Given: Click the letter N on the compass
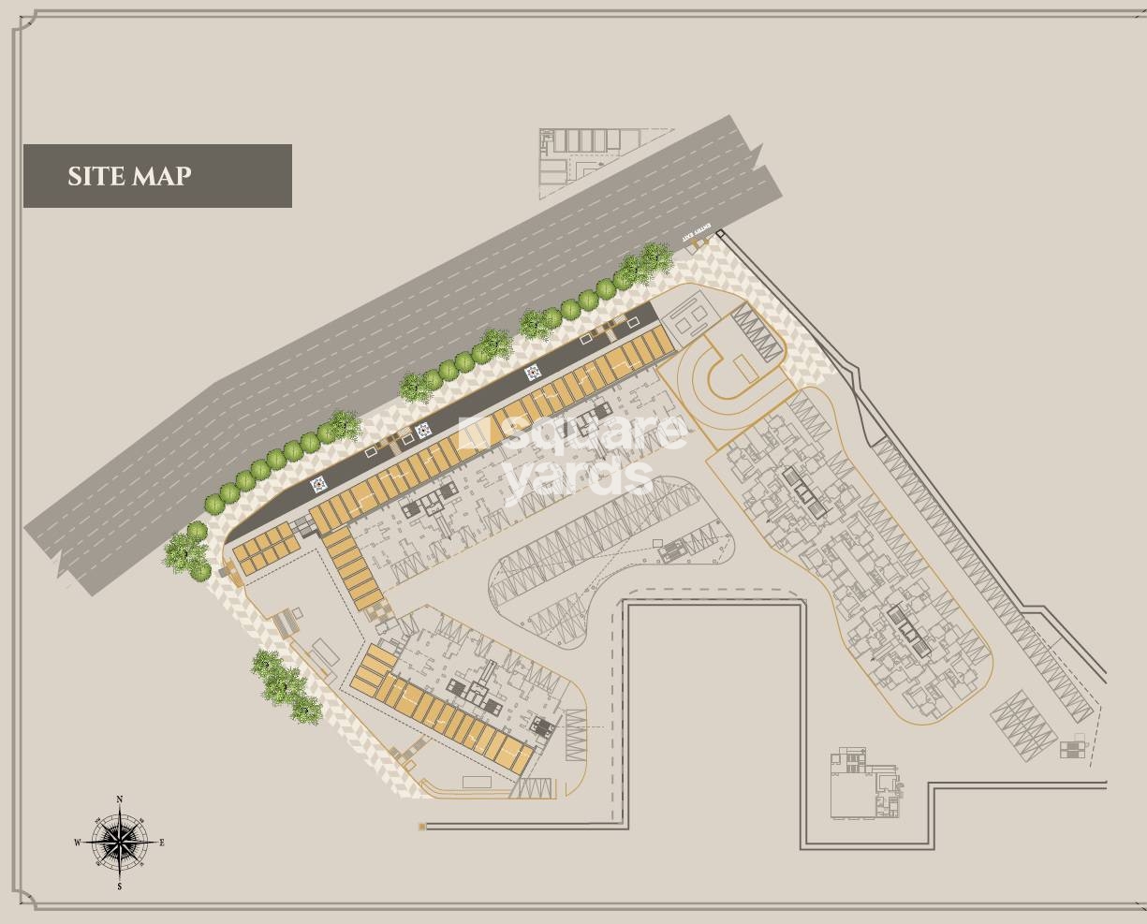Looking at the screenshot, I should (x=120, y=799).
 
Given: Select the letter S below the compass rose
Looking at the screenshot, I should (x=120, y=886).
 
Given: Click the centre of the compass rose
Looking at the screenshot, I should (x=120, y=842).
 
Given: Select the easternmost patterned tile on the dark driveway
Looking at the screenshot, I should (x=533, y=373).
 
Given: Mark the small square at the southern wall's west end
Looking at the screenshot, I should (x=423, y=827).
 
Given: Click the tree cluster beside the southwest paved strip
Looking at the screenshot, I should (x=283, y=685).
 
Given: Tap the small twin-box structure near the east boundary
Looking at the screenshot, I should (x=1072, y=749).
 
